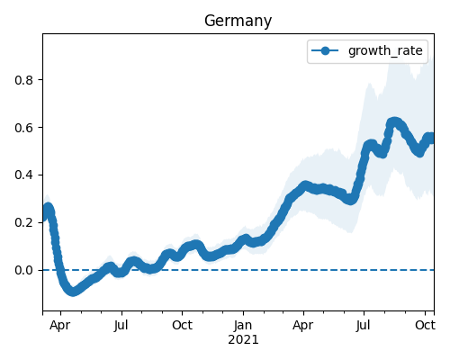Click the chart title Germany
[x=238, y=22]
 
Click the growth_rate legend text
[x=385, y=50]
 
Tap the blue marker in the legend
[x=325, y=50]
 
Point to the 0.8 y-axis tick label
[x=23, y=80]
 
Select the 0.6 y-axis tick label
[x=23, y=128]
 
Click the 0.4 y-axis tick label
[x=23, y=175]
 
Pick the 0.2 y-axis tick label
[x=23, y=223]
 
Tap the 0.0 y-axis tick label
[x=23, y=271]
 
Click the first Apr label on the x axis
[x=60, y=326]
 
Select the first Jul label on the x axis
[x=121, y=325]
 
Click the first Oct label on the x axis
[x=182, y=325]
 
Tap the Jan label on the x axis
[x=243, y=325]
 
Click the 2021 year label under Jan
[x=243, y=340]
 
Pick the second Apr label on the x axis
[x=303, y=326]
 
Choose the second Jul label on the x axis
[x=364, y=325]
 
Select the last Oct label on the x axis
[x=425, y=325]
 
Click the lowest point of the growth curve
[x=73, y=292]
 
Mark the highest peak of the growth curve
[x=394, y=122]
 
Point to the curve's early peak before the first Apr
[x=48, y=208]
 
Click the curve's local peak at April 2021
[x=305, y=185]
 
